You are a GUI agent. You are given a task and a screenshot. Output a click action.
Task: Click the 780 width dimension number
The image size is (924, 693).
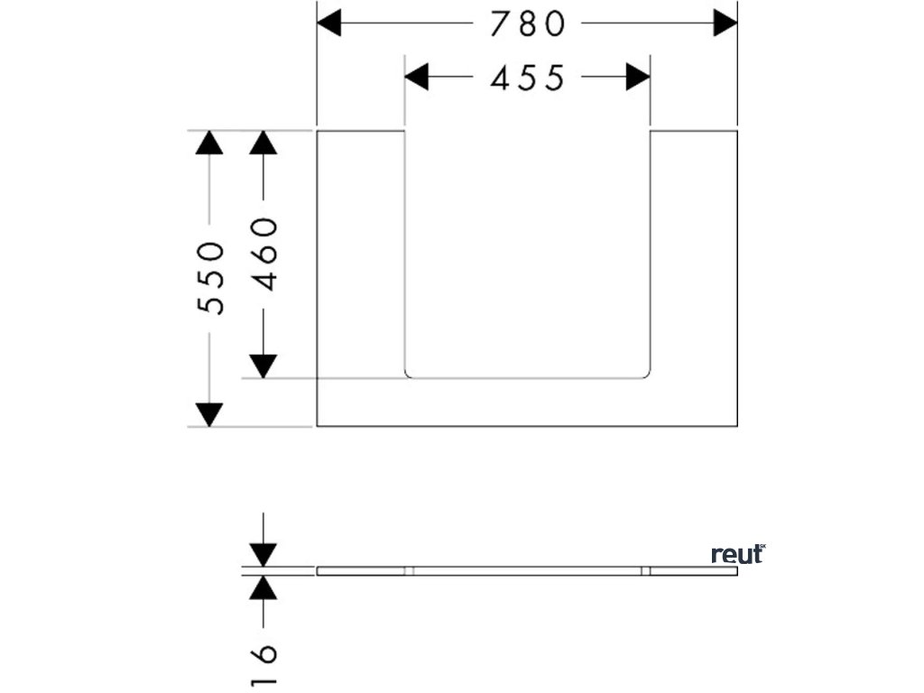tap(528, 24)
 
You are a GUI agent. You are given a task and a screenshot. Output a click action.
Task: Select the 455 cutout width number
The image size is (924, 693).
tap(528, 79)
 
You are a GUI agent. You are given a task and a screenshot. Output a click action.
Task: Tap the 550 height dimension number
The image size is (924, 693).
tap(210, 278)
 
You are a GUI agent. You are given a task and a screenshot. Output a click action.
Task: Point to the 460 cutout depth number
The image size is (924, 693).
tap(263, 254)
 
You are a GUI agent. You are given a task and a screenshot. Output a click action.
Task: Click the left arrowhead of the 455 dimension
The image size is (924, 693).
tap(416, 79)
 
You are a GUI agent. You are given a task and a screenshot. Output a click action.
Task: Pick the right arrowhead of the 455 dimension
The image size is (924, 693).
tap(638, 79)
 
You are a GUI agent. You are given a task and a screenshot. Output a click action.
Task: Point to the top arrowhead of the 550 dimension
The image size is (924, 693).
tap(209, 143)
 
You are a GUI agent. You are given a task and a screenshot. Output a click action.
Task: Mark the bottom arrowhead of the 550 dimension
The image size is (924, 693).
tap(209, 415)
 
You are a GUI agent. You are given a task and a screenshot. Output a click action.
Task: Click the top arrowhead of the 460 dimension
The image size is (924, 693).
tap(263, 143)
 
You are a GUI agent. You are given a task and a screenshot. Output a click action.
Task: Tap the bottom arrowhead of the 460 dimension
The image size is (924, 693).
tap(263, 365)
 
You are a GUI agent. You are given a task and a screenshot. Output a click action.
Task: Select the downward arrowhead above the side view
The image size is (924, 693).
tap(263, 554)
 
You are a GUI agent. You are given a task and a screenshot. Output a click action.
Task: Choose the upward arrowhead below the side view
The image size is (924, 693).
tap(263, 587)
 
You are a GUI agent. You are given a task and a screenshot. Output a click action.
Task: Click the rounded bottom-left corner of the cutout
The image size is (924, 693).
tap(408, 374)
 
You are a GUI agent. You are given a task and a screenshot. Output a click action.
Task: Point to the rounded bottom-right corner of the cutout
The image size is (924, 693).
tap(646, 374)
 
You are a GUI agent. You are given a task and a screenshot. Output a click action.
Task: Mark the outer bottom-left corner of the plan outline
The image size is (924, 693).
tap(318, 426)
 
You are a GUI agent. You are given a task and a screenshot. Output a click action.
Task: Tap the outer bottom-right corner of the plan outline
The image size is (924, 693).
tap(737, 426)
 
